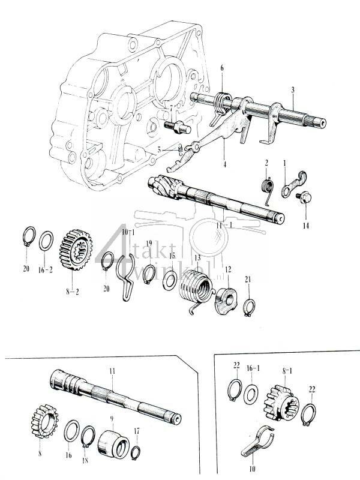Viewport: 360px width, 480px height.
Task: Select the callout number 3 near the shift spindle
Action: (292, 89)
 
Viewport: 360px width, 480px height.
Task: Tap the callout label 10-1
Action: (126, 232)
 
